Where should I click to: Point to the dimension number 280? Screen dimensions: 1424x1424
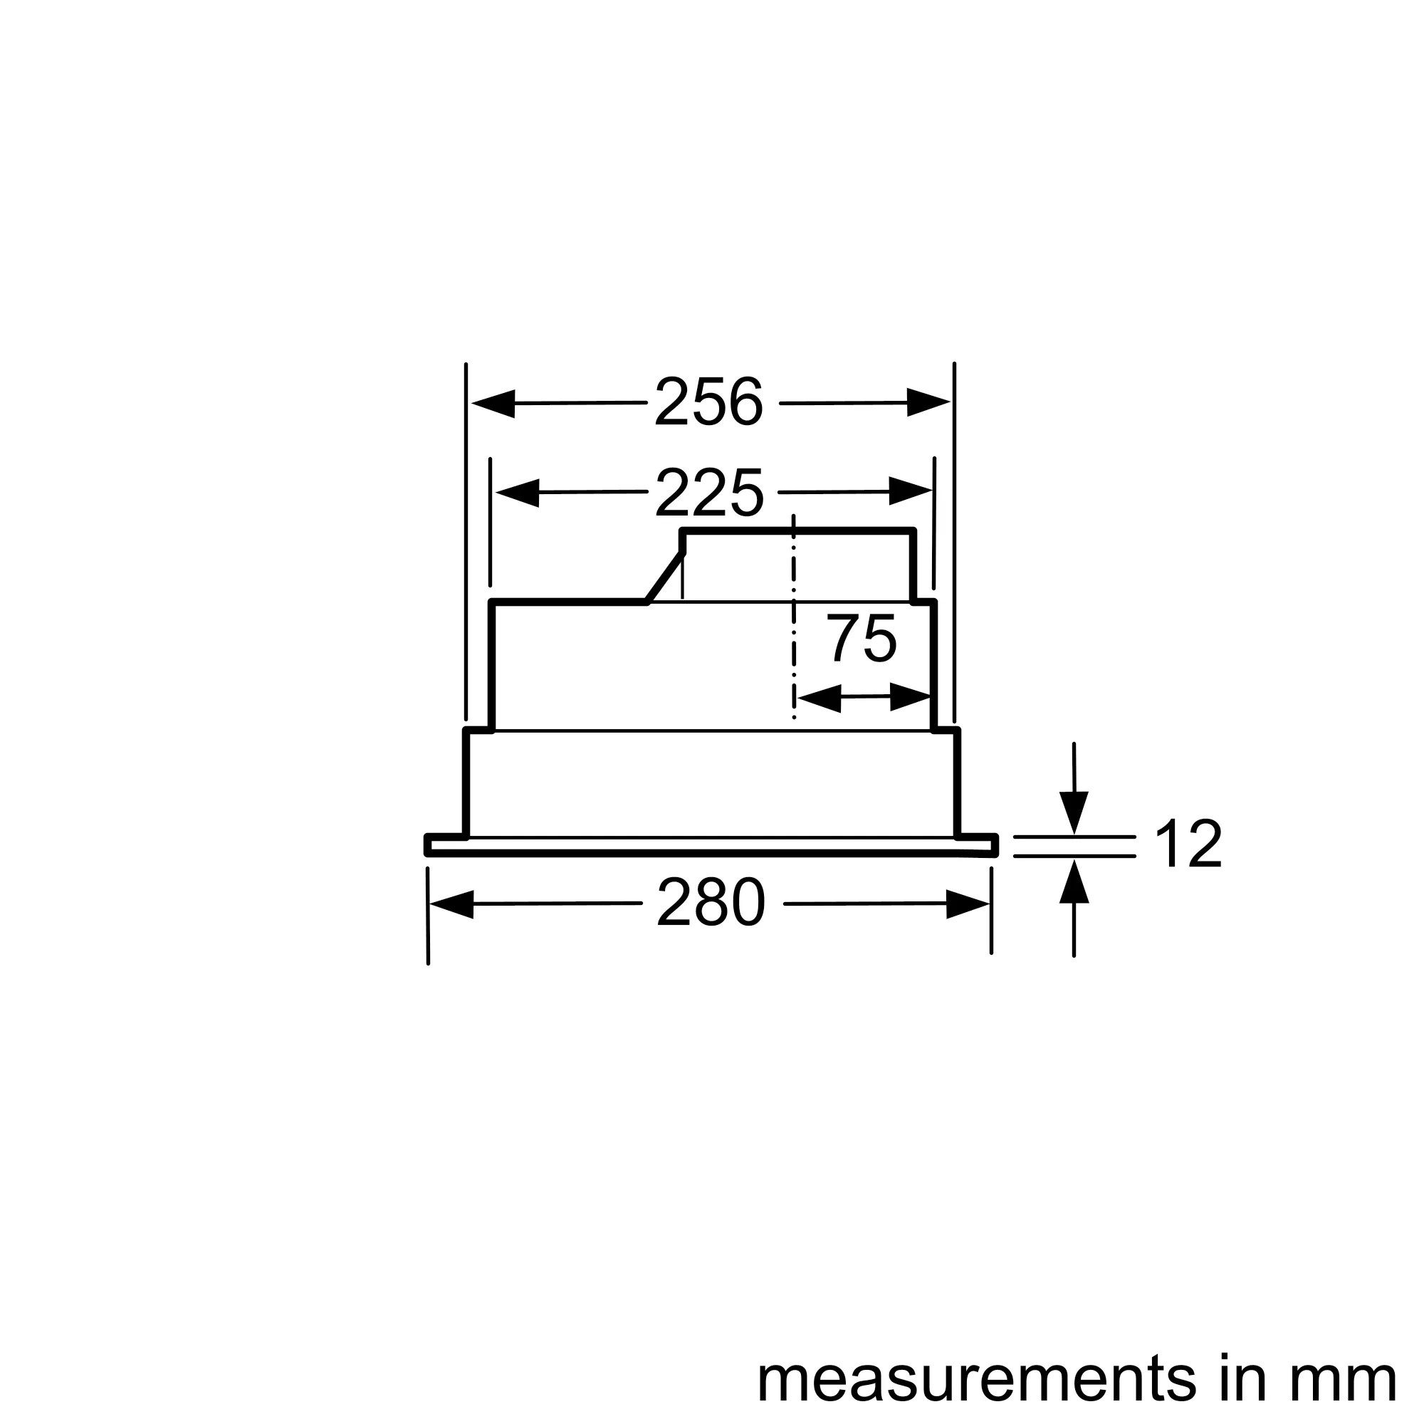point(711,903)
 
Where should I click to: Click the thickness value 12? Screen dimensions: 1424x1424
point(1188,844)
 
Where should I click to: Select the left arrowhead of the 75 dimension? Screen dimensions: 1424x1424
point(819,697)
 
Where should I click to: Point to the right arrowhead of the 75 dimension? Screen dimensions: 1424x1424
point(911,696)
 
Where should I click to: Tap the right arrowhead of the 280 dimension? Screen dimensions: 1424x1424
point(968,904)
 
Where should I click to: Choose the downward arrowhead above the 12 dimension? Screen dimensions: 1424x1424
point(1074,812)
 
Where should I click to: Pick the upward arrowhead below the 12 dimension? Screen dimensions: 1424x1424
point(1074,881)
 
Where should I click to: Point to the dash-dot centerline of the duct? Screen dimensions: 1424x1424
point(794,619)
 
